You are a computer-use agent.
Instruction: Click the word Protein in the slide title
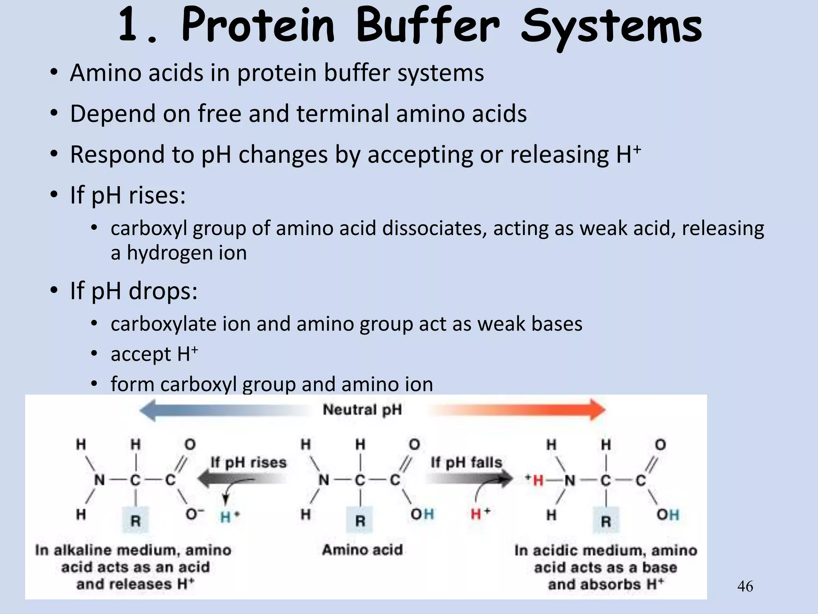click(258, 26)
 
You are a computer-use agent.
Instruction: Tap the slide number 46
click(745, 586)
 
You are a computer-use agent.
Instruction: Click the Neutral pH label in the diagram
click(362, 410)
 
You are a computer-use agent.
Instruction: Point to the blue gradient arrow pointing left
click(224, 410)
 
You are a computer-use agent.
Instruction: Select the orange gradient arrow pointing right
click(519, 410)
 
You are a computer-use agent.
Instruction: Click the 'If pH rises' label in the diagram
click(248, 462)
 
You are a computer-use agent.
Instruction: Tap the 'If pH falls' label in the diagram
click(466, 462)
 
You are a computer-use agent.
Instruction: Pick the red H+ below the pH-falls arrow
click(480, 514)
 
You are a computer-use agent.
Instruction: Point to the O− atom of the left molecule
click(194, 514)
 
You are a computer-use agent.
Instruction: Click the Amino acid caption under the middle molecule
click(362, 550)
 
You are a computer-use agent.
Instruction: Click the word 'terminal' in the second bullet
click(342, 114)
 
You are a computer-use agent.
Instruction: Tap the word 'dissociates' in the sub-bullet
click(434, 228)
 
